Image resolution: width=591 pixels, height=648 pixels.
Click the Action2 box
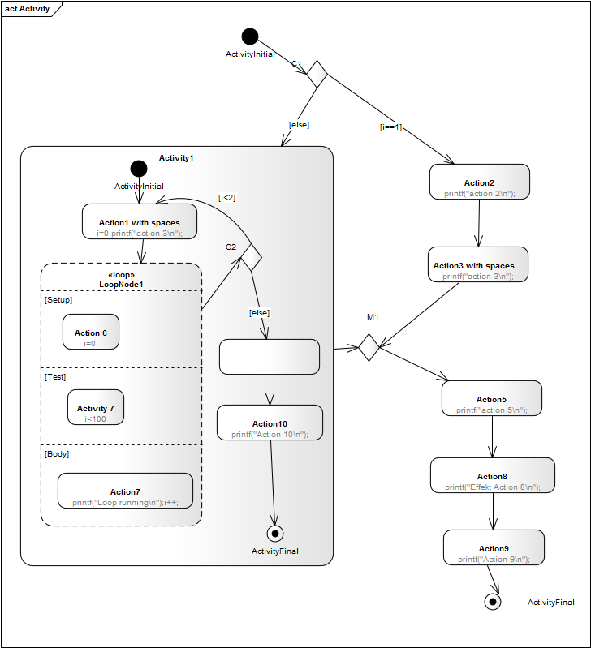pos(479,182)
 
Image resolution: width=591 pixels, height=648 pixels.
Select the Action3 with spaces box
pos(478,264)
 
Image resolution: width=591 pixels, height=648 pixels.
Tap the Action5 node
pos(491,398)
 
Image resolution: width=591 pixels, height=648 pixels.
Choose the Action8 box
pos(492,475)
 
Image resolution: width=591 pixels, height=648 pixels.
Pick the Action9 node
pos(493,547)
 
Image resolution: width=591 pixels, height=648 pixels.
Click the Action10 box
pos(270,423)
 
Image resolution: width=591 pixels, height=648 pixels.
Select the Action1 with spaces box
pos(140,221)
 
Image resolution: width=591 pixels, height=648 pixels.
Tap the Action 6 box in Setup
pos(91,332)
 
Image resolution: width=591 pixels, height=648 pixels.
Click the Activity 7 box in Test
pos(96,407)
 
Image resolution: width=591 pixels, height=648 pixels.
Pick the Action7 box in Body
pos(125,491)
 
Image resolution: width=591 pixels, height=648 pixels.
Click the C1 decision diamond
pos(317,75)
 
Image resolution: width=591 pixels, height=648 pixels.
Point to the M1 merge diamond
pos(369,348)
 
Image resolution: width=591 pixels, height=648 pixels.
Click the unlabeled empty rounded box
pos(270,357)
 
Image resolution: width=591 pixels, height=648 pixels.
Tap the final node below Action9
pos(492,602)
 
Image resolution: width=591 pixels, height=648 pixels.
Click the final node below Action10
pos(275,533)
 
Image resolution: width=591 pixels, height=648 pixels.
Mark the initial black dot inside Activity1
pos(139,169)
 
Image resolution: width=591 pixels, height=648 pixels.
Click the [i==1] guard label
pos(391,127)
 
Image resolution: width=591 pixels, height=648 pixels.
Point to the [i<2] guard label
pos(228,197)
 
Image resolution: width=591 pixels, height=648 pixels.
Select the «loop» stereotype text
pos(121,274)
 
